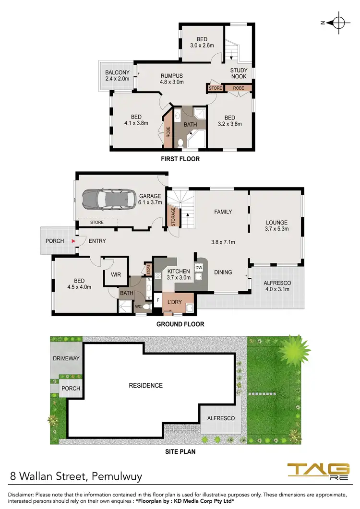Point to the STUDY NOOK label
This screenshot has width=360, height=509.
(x=239, y=73)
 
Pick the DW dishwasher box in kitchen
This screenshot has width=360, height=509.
(x=199, y=268)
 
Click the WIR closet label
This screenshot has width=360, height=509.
(x=116, y=274)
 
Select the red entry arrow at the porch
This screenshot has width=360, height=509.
(x=73, y=241)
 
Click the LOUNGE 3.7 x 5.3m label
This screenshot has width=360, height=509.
(x=276, y=226)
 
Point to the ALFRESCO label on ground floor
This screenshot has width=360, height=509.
(x=277, y=286)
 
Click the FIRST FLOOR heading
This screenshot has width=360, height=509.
(x=180, y=159)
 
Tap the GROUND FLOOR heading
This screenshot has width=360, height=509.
(x=180, y=324)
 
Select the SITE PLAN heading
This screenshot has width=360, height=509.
(x=180, y=451)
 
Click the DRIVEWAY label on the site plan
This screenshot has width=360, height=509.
(x=66, y=358)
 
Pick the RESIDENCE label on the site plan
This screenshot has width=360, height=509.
(x=145, y=385)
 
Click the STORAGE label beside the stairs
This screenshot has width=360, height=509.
(x=173, y=217)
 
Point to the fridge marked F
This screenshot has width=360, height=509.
(x=158, y=300)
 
